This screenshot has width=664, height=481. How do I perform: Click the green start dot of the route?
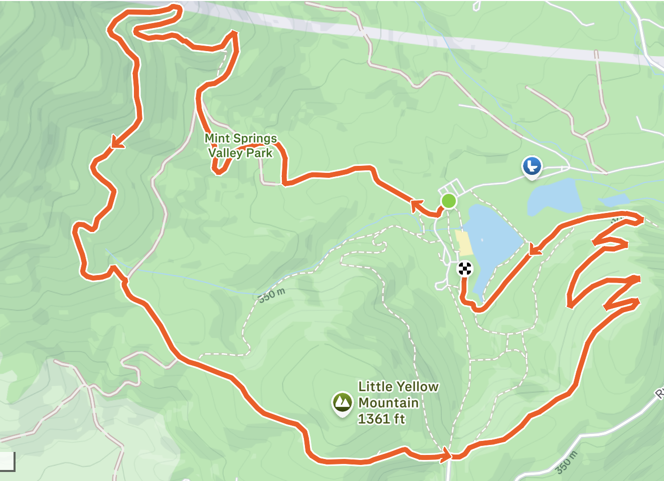[448, 201]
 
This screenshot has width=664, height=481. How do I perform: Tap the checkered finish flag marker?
[465, 269]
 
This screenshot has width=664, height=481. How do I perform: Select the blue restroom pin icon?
[532, 166]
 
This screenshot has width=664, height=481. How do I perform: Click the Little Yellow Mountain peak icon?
[342, 402]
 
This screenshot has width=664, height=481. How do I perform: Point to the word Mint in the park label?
[217, 138]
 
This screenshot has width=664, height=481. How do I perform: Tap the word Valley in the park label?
[225, 153]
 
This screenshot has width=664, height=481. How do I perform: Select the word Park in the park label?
[259, 153]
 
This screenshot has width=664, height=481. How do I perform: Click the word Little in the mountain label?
[375, 387]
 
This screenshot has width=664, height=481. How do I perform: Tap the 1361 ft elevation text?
[381, 419]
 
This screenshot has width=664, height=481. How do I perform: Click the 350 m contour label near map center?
[271, 295]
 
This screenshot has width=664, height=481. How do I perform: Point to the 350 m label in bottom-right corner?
[567, 462]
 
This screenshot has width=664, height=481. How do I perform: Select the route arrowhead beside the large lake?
[535, 249]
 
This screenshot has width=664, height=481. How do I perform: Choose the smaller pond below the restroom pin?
[554, 196]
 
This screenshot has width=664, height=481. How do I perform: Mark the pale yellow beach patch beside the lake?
[464, 243]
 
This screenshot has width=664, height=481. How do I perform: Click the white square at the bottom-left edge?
[7, 461]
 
